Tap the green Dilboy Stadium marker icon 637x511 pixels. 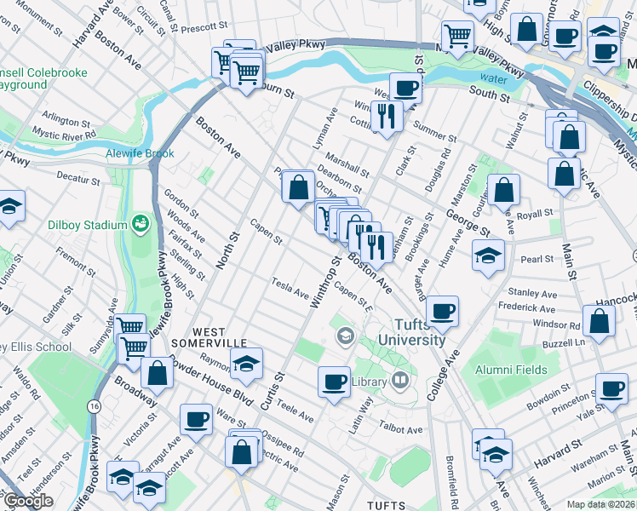[141, 225]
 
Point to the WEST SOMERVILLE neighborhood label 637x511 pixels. [197, 337]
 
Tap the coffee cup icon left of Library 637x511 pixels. [335, 380]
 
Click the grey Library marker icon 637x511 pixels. [399, 379]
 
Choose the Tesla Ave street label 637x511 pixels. [290, 288]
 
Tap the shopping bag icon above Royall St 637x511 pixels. [504, 189]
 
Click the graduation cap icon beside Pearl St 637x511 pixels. [488, 255]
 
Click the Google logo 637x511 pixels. [27, 501]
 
